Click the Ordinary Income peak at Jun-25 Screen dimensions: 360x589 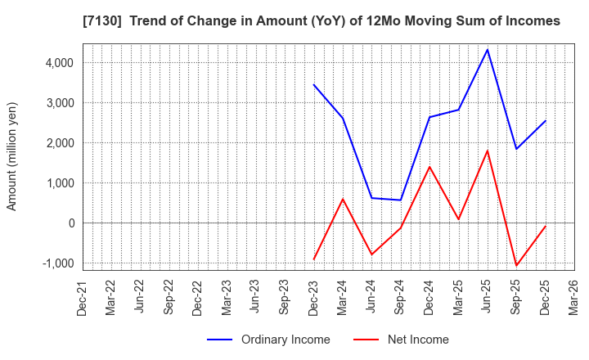click(488, 50)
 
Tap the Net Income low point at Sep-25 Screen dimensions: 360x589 click(516, 266)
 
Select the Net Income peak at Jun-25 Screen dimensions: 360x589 click(488, 151)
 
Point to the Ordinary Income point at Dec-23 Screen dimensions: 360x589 click(314, 85)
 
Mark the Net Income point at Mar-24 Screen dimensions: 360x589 click(343, 199)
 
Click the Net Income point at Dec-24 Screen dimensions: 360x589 click(429, 167)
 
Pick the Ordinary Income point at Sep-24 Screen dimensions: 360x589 click(401, 200)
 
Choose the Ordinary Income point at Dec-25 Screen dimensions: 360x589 click(546, 121)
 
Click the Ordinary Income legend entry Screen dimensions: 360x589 click(268, 340)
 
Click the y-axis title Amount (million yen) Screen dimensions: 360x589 click(12, 156)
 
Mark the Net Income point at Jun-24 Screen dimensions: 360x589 click(372, 254)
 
